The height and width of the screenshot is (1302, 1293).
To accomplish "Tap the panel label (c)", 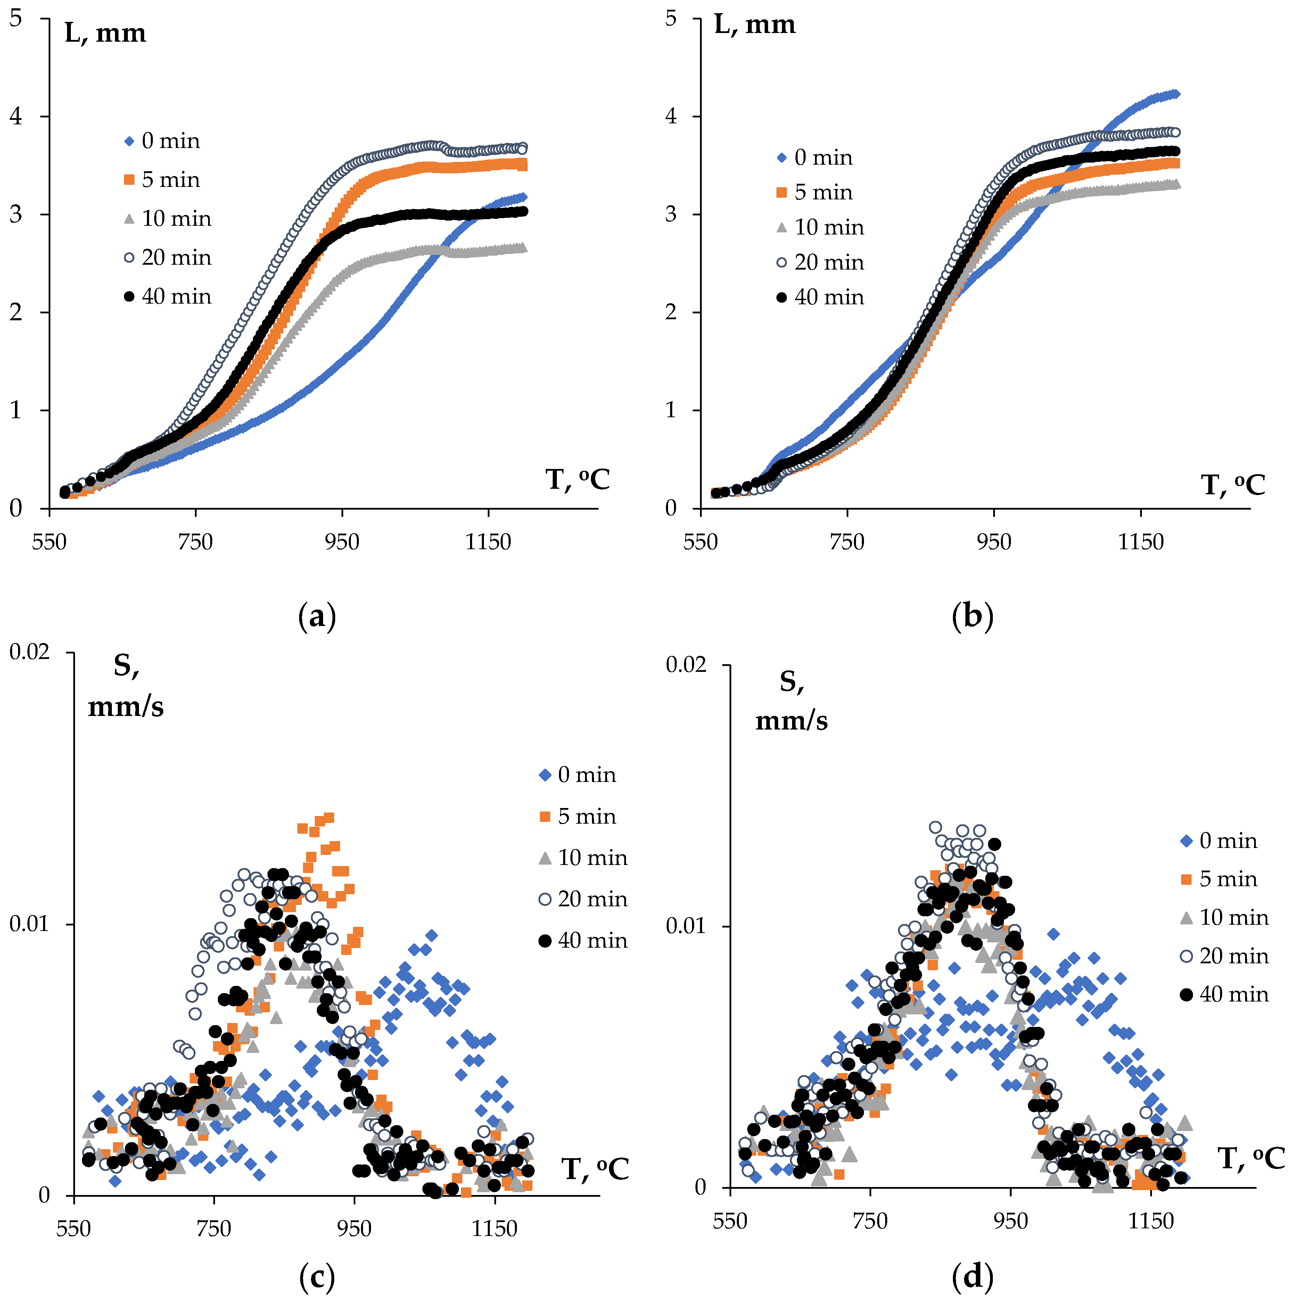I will click(x=317, y=1276).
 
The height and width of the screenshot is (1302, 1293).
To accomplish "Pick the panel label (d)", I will click(x=972, y=1276).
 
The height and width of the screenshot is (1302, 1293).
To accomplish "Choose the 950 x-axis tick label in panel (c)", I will click(x=354, y=1229).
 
